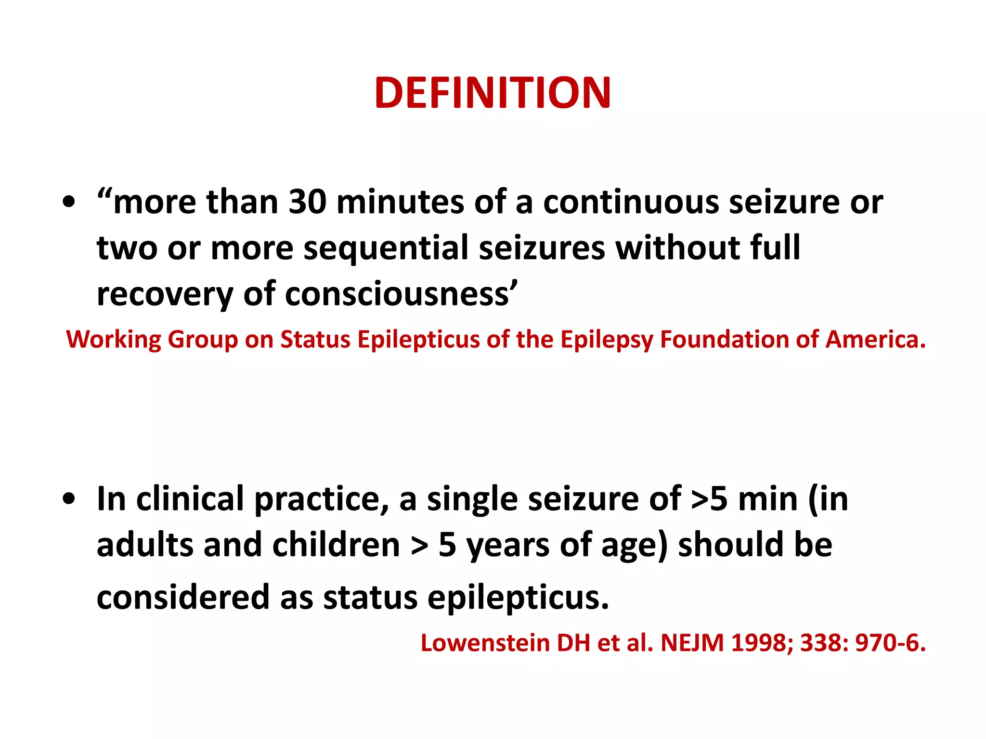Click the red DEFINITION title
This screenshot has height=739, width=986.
click(493, 93)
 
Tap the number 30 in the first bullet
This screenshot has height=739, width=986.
click(308, 202)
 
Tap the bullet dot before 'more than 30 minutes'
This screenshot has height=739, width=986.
click(69, 203)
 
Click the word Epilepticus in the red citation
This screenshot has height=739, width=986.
click(418, 340)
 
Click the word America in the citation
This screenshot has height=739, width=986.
click(873, 340)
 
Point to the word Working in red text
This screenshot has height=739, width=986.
click(114, 340)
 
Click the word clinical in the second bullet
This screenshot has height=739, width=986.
click(190, 499)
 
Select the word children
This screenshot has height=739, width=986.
click(336, 545)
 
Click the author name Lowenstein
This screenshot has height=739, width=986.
click(485, 643)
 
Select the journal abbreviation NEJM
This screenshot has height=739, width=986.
click(692, 643)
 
